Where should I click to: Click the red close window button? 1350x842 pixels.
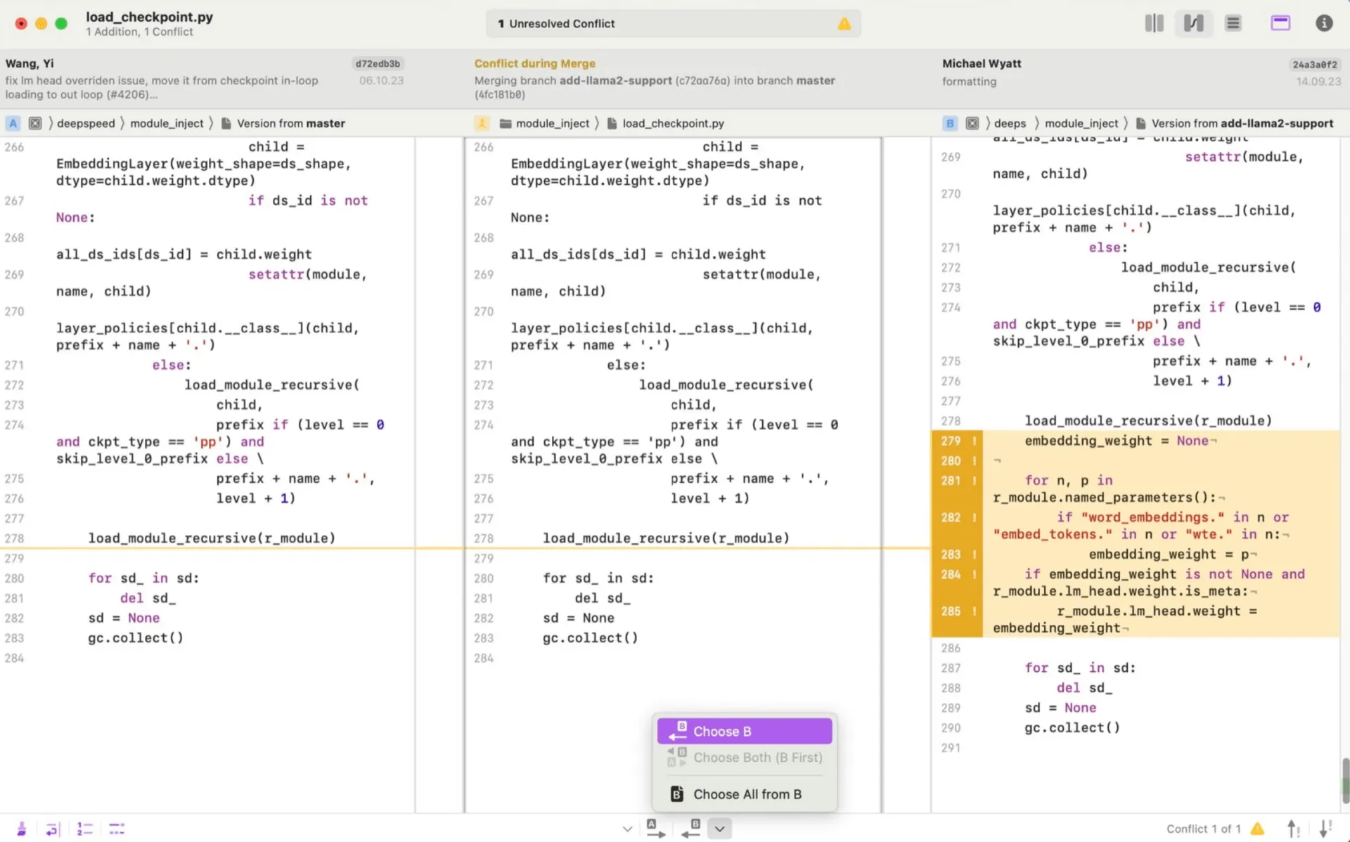[x=21, y=23]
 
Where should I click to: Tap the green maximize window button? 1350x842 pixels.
[x=61, y=23]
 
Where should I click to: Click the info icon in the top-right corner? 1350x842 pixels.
[x=1324, y=23]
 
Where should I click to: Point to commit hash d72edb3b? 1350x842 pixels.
[x=378, y=63]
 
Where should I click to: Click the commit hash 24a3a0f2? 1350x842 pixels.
[x=1315, y=64]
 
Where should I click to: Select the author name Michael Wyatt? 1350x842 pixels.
[x=982, y=63]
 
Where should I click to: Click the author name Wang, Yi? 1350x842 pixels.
[x=30, y=63]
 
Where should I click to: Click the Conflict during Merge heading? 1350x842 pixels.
[x=534, y=63]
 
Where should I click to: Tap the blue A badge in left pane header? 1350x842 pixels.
[x=13, y=124]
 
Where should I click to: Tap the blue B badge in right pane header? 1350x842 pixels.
[x=950, y=124]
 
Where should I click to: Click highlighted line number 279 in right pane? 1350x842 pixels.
[x=951, y=441]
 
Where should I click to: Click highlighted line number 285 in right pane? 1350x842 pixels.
[x=951, y=611]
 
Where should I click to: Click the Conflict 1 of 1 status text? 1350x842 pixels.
[x=1203, y=829]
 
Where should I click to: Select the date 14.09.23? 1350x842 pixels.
[x=1318, y=82]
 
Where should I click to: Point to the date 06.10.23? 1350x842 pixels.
[x=381, y=81]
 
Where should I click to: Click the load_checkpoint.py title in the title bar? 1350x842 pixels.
[x=149, y=17]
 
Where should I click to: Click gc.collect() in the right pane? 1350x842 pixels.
[x=1072, y=727]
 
